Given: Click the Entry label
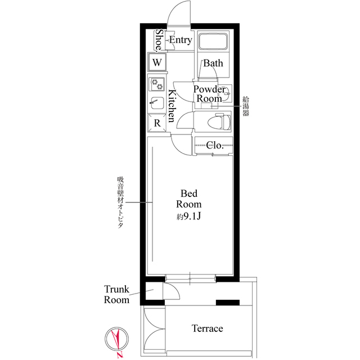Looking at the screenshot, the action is point(181,40).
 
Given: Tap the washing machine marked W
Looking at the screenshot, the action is point(157,62).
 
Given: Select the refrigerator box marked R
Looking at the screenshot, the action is point(157,123).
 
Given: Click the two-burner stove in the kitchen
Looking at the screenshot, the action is point(157,84).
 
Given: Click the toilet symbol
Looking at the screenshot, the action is point(219,121).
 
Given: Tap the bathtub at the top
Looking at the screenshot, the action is point(213,42).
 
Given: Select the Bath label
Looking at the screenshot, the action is point(213,63).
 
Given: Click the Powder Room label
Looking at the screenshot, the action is point(209,94).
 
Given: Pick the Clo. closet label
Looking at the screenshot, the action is point(215,145).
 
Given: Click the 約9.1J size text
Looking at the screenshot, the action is point(189,216).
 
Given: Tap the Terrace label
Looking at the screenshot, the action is point(207,328).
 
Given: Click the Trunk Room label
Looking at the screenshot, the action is point(116,295).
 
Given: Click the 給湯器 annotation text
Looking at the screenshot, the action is point(246,106).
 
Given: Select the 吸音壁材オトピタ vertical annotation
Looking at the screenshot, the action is point(120,202).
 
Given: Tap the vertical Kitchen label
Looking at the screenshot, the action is point(172,106).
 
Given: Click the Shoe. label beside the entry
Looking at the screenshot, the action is point(159,40).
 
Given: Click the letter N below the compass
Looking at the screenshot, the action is point(119,356).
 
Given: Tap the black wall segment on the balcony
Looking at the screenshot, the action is point(228,303).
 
